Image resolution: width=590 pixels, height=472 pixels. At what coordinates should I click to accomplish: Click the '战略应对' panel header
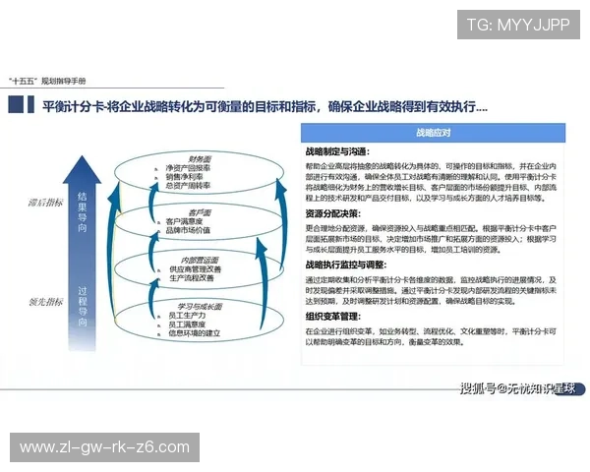(x=433, y=133)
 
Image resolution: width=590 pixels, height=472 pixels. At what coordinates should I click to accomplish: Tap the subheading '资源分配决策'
(x=333, y=213)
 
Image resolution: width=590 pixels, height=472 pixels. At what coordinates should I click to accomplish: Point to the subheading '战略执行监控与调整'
(x=345, y=265)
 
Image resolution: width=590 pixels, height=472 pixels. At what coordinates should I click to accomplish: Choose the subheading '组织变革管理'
(x=333, y=318)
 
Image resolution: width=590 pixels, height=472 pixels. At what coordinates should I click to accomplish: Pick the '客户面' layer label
(x=202, y=211)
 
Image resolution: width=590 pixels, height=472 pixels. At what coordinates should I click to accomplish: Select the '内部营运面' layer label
(x=201, y=259)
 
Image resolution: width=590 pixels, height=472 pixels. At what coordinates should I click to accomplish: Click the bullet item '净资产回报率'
(x=188, y=168)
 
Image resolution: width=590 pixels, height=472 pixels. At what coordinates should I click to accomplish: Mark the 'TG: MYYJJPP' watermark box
(x=517, y=25)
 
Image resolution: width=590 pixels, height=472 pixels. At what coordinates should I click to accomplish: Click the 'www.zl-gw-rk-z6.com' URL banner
(x=105, y=447)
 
